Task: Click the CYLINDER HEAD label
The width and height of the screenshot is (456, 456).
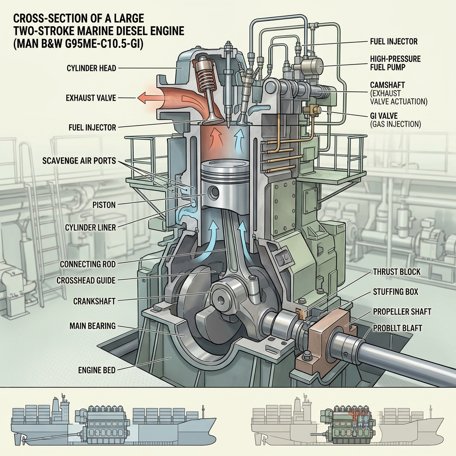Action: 91,68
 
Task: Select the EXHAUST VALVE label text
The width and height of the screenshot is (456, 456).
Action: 91,98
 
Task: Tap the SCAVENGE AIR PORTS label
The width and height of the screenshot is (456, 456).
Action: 79,160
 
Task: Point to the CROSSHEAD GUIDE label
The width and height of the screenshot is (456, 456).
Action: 86,281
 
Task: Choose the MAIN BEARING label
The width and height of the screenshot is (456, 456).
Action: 93,326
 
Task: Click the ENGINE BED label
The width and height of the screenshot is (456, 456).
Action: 97,370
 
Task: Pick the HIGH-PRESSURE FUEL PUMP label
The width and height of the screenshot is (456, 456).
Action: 395,63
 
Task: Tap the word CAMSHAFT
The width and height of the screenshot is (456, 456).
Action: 387,85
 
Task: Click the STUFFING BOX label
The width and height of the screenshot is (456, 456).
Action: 395,292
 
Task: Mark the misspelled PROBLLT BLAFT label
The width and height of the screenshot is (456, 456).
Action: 397,328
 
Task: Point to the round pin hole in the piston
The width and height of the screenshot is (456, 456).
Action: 214,191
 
